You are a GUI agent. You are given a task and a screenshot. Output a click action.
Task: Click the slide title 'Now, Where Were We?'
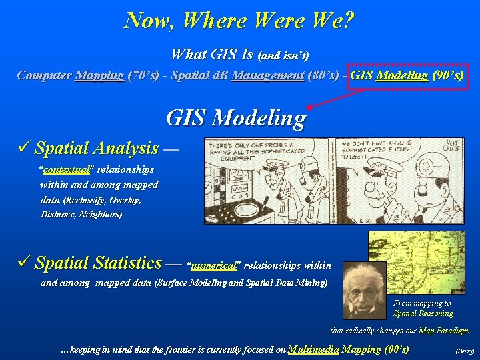point(239,20)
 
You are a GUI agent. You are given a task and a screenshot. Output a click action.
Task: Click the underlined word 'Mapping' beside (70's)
point(99,75)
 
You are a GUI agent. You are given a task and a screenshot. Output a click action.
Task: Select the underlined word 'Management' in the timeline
point(267,75)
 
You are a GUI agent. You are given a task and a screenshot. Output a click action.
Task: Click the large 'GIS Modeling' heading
point(235,118)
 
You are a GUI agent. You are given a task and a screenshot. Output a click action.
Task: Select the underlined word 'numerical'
point(214,265)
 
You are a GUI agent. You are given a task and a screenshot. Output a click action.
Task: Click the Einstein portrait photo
point(364,291)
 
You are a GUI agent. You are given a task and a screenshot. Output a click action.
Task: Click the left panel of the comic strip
point(270,180)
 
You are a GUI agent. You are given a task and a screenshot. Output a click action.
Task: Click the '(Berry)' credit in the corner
point(464,351)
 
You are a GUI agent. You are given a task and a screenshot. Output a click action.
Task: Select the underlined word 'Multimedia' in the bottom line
point(313,349)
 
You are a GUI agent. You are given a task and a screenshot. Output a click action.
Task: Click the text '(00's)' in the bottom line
point(397,349)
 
